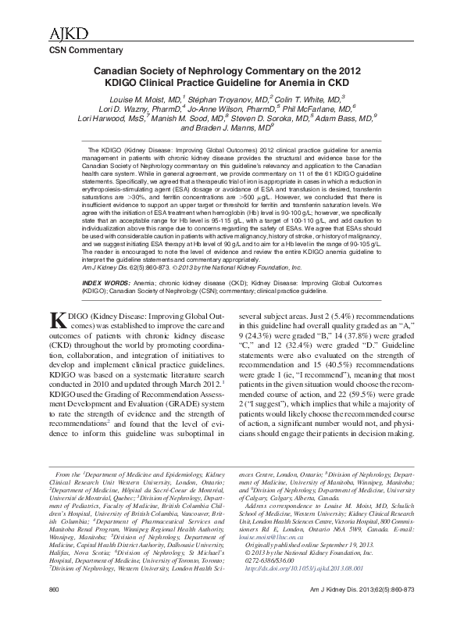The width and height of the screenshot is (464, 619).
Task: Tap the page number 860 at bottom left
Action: pos(33,610)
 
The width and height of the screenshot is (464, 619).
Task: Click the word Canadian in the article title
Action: pos(131,70)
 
